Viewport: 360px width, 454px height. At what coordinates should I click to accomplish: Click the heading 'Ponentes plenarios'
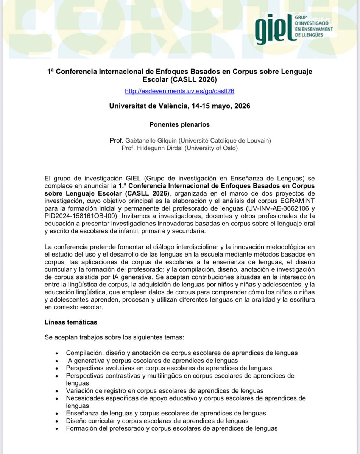pyautogui.click(x=179, y=124)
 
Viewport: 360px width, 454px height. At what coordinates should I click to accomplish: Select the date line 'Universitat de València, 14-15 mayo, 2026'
pyautogui.click(x=179, y=106)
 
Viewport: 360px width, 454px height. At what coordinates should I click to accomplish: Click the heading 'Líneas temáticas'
pyautogui.click(x=71, y=322)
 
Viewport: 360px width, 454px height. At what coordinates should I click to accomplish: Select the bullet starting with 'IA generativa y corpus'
pyautogui.click(x=152, y=361)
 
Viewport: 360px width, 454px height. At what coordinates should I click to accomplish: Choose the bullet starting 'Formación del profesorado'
pyautogui.click(x=171, y=428)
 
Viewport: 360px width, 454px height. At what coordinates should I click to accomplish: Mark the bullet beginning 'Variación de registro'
pyautogui.click(x=165, y=390)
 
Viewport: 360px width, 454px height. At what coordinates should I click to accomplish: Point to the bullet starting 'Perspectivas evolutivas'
pyautogui.click(x=169, y=368)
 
